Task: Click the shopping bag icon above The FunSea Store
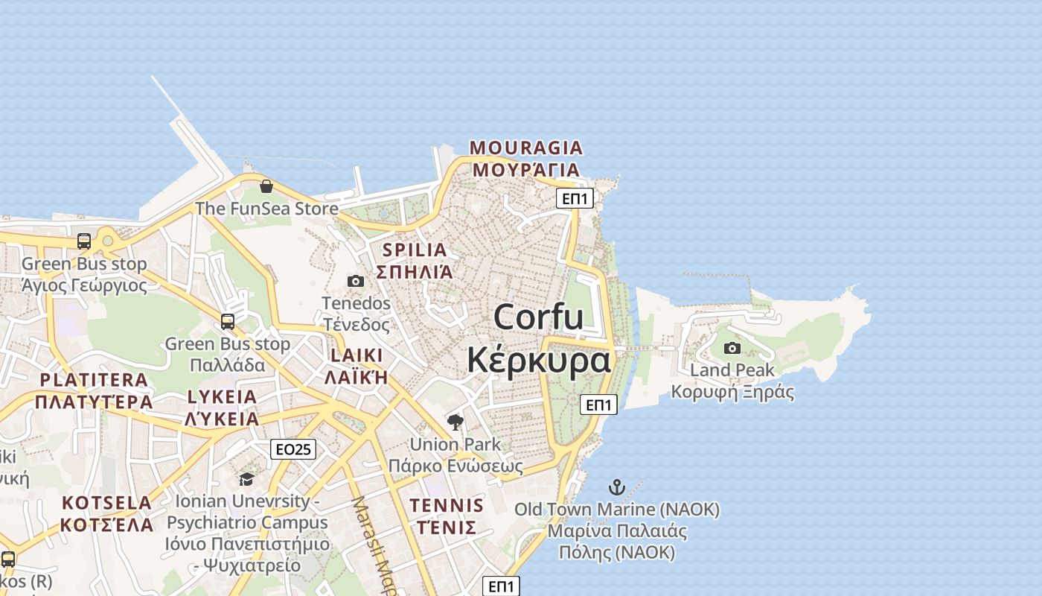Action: pos(266,186)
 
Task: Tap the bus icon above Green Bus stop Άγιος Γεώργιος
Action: pos(84,241)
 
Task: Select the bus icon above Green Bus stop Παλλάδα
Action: pos(228,322)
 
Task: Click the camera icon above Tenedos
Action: pos(356,281)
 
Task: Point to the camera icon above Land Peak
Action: pos(732,348)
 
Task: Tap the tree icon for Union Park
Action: pos(456,422)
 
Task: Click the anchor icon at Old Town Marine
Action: pos(616,488)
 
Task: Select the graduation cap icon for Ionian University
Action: pos(246,479)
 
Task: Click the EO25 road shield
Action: pos(294,449)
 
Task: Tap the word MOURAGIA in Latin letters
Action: pos(526,148)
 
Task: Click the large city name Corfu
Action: pos(538,317)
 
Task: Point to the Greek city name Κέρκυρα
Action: pos(538,360)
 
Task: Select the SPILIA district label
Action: pos(415,250)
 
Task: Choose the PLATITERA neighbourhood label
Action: pos(94,380)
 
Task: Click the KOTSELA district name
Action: pos(106,502)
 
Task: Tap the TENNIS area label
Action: pos(447,505)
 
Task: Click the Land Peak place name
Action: pos(732,370)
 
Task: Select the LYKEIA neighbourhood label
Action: pos(222,396)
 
